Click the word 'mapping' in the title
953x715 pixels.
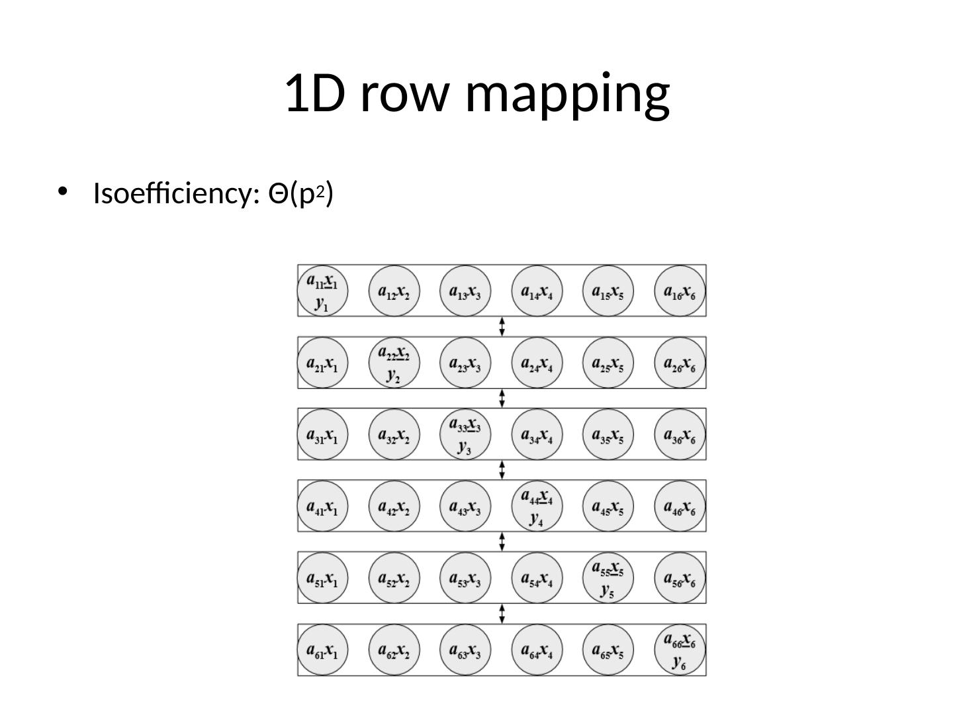click(x=568, y=93)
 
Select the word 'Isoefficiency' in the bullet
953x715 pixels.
click(x=175, y=194)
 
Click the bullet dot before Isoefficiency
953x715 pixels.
click(x=62, y=192)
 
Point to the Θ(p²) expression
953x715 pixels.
click(x=300, y=194)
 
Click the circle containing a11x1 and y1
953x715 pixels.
click(x=322, y=291)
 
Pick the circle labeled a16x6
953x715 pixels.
click(x=680, y=291)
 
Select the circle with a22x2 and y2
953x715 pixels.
click(x=394, y=362)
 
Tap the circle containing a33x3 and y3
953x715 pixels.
click(x=465, y=434)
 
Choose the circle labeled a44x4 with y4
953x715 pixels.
click(x=537, y=506)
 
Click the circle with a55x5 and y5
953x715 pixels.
click(x=608, y=577)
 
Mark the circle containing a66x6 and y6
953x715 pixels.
click(x=680, y=649)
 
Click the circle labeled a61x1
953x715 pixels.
click(x=322, y=649)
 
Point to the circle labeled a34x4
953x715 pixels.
click(x=537, y=434)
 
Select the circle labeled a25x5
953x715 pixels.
click(x=608, y=362)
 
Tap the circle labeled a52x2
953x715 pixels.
click(x=394, y=577)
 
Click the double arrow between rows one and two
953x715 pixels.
click(x=502, y=326)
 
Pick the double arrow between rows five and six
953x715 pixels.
click(x=502, y=613)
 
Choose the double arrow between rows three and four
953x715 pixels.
click(x=502, y=470)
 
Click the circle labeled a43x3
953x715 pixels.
click(x=465, y=506)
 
